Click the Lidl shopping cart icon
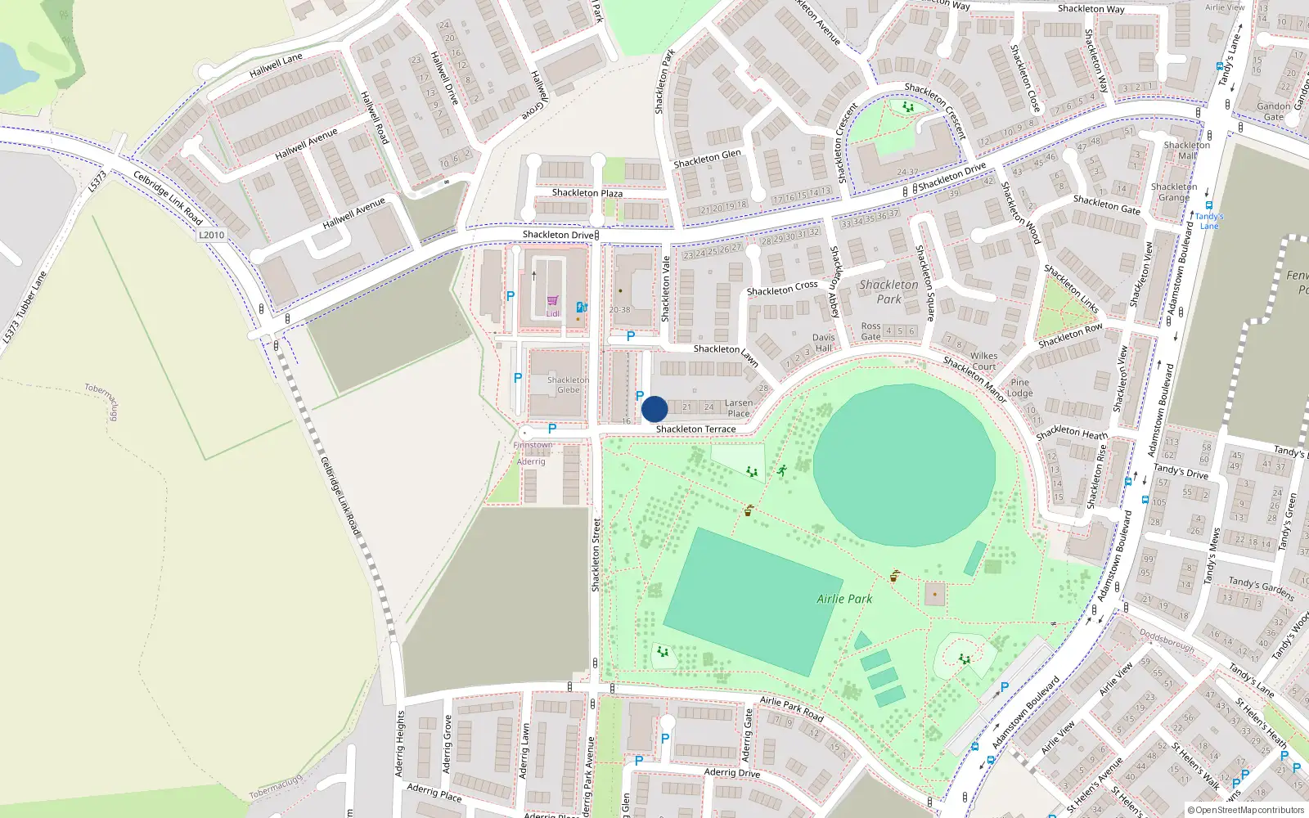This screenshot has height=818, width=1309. tap(553, 301)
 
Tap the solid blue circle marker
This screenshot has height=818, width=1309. tap(654, 409)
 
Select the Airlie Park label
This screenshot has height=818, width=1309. tap(844, 599)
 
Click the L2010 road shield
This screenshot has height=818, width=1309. tap(211, 235)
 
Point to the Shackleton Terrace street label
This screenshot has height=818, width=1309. tap(695, 429)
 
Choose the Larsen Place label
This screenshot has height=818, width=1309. tap(738, 407)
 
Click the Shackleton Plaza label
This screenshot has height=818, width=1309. tap(587, 193)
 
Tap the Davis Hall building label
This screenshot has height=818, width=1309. tap(823, 342)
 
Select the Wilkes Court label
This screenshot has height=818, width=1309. tap(983, 361)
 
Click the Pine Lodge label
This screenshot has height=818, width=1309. tap(1019, 388)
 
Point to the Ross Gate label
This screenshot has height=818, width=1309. tap(870, 331)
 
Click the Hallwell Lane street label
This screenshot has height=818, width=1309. tap(276, 65)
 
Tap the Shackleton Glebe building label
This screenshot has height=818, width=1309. tap(568, 384)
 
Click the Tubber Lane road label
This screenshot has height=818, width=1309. tap(24, 308)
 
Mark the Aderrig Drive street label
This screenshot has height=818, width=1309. tap(731, 772)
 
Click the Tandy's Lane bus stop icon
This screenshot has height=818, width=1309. tap(1208, 205)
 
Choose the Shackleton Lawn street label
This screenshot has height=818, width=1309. tap(726, 353)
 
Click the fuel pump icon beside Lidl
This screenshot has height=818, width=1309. tap(581, 307)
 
